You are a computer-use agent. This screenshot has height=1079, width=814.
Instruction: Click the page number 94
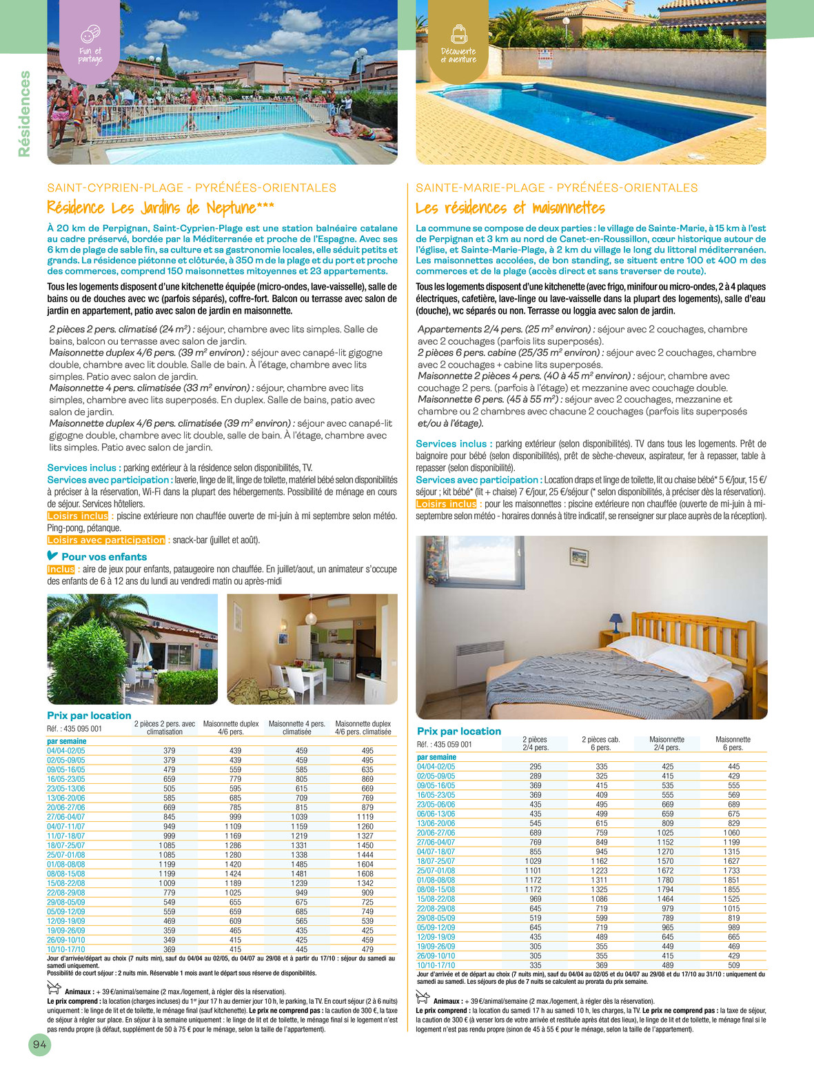(x=39, y=1045)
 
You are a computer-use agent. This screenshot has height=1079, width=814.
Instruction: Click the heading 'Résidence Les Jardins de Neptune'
(x=161, y=208)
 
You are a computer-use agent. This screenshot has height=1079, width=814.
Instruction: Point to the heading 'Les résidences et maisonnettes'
(x=510, y=208)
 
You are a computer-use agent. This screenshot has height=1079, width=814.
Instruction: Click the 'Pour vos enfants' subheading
(x=103, y=556)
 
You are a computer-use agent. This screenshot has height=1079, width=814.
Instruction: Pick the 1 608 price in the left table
(x=365, y=874)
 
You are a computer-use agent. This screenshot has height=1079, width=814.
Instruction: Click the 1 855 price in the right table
(x=732, y=889)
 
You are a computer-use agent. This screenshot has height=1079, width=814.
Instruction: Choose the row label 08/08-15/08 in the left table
(x=66, y=874)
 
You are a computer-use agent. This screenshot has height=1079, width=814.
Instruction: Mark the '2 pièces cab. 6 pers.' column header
(x=600, y=743)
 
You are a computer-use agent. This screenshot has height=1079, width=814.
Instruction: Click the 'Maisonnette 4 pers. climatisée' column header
(x=297, y=727)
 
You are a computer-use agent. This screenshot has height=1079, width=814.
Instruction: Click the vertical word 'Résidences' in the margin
(x=25, y=114)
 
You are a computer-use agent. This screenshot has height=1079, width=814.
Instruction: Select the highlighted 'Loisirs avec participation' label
(x=106, y=540)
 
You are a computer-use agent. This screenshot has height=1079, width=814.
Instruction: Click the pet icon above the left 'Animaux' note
(x=54, y=987)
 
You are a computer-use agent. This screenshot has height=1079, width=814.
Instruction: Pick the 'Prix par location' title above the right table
(x=459, y=731)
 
